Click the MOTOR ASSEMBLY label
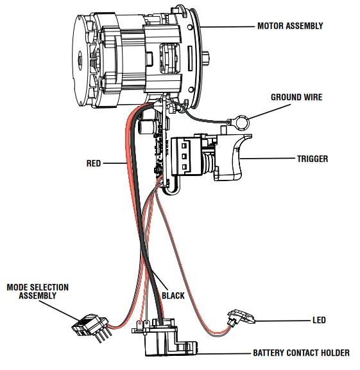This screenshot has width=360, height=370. tap(289, 26)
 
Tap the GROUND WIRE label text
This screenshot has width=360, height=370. tap(296, 98)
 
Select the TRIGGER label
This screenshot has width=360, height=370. tap(313, 159)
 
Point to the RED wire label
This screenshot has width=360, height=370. tap(94, 164)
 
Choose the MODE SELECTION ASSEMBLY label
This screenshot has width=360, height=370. tap(37, 291)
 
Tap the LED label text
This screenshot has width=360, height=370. tap(318, 320)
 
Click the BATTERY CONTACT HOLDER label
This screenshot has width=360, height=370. tap(300, 353)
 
